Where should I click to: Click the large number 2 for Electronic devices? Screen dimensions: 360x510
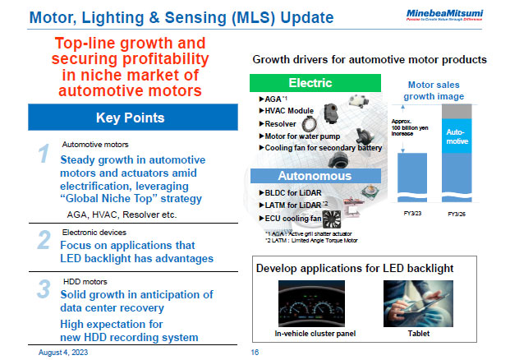tap(45, 240)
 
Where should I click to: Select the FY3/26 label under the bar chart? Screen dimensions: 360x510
tap(458, 213)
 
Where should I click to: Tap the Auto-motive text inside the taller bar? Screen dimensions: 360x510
tap(458, 136)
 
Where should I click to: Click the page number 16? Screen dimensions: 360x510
tap(255, 351)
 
